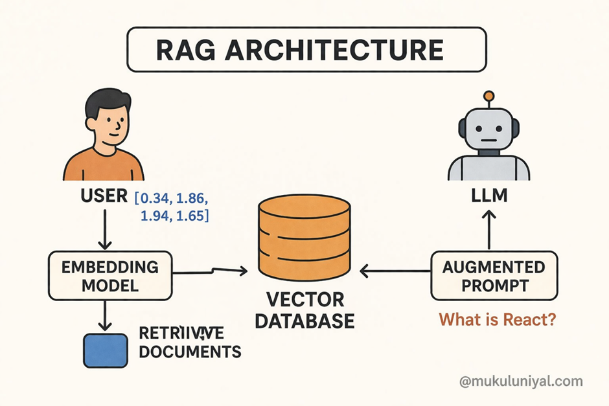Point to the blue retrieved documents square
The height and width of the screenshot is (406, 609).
pos(105,350)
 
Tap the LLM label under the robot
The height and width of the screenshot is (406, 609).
pos(489,196)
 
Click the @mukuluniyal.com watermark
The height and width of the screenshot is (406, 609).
pos(521,381)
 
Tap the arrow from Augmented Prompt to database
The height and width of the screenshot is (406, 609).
pos(395,273)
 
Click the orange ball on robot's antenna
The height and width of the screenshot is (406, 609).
pos(489,97)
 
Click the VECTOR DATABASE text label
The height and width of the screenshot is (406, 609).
pos(304,310)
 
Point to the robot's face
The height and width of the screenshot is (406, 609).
pos(489,135)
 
